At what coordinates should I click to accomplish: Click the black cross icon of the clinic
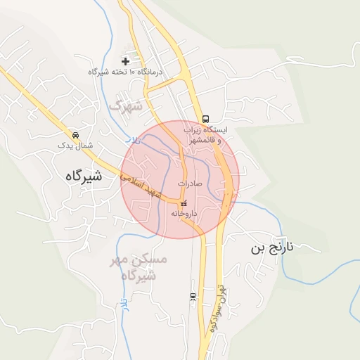126,61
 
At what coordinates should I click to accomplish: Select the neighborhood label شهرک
126,107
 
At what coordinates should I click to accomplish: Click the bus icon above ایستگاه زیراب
205,119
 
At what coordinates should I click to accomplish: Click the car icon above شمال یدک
75,134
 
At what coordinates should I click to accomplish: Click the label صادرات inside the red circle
190,184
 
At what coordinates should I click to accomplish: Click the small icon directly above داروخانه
184,203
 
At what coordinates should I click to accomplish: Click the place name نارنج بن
276,248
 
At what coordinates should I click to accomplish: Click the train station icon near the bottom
193,297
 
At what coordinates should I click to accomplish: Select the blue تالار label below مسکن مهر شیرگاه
124,304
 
